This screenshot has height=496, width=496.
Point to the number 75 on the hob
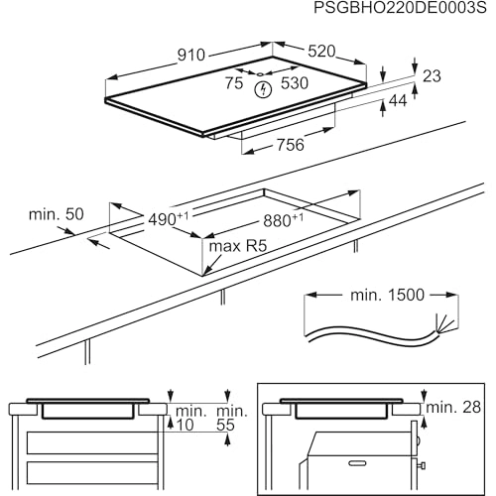[233, 83]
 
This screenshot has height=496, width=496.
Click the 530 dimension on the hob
[295, 83]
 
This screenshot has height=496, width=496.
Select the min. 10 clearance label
[189, 417]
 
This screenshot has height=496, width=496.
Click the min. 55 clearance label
[231, 417]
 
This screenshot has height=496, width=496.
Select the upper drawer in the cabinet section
[89, 441]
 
